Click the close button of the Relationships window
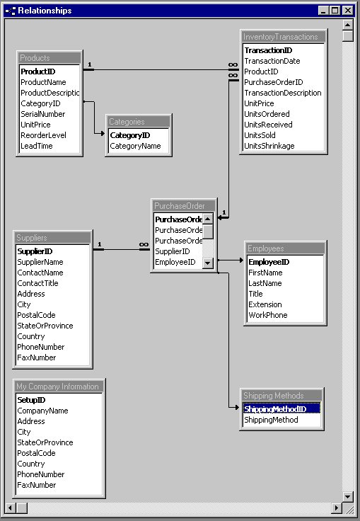[347, 11]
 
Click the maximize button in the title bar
[335, 11]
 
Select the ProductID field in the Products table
[37, 71]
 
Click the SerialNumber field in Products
[42, 114]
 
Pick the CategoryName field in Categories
[135, 146]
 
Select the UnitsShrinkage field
[272, 146]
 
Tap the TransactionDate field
[272, 61]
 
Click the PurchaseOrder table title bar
[180, 206]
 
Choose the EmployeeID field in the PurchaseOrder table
[175, 262]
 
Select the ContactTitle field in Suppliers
[37, 283]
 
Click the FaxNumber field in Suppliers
[36, 357]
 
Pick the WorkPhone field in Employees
[267, 315]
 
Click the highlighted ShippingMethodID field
[275, 409]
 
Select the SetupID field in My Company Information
[31, 400]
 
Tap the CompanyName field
[42, 411]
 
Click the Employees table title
[266, 248]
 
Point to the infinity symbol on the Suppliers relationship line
[144, 245]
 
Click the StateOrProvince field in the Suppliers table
[45, 326]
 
